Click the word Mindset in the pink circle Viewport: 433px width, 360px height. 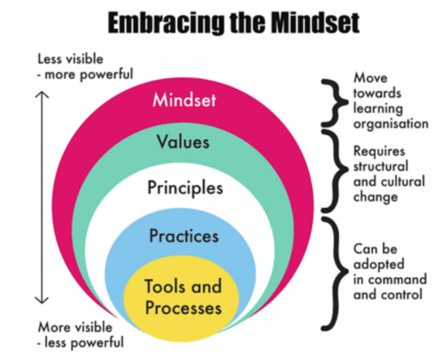pos(184,100)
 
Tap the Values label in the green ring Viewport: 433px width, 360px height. pos(183,143)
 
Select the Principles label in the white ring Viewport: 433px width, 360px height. pos(185,187)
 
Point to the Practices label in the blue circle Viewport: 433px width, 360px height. pos(184,236)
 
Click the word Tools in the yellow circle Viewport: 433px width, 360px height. pos(165,286)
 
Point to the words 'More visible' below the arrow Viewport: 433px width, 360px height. pos(70,327)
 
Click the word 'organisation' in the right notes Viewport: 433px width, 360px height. pos(390,124)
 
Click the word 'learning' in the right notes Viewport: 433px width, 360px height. pos(377,109)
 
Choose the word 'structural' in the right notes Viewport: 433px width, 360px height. pos(381,166)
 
